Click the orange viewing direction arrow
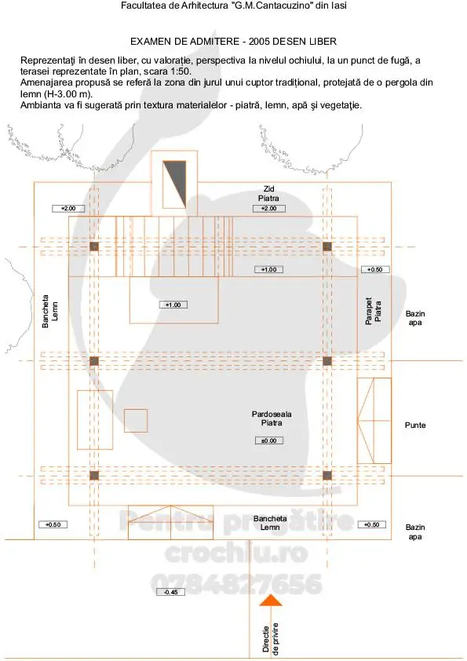click(x=271, y=601)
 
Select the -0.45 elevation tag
click(x=170, y=592)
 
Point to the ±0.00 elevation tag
click(x=269, y=440)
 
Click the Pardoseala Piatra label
click(x=272, y=418)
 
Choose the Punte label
click(x=415, y=425)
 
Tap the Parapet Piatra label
click(x=373, y=311)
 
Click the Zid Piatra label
click(x=268, y=193)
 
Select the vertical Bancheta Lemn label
click(x=49, y=311)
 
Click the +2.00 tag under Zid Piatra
click(x=269, y=208)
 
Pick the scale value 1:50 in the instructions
click(x=181, y=71)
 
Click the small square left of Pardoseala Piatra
click(x=136, y=420)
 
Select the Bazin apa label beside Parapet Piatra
click(x=415, y=318)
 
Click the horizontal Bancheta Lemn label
click(x=270, y=523)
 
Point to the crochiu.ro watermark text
click(x=236, y=553)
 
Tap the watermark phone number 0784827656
click(x=236, y=584)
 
